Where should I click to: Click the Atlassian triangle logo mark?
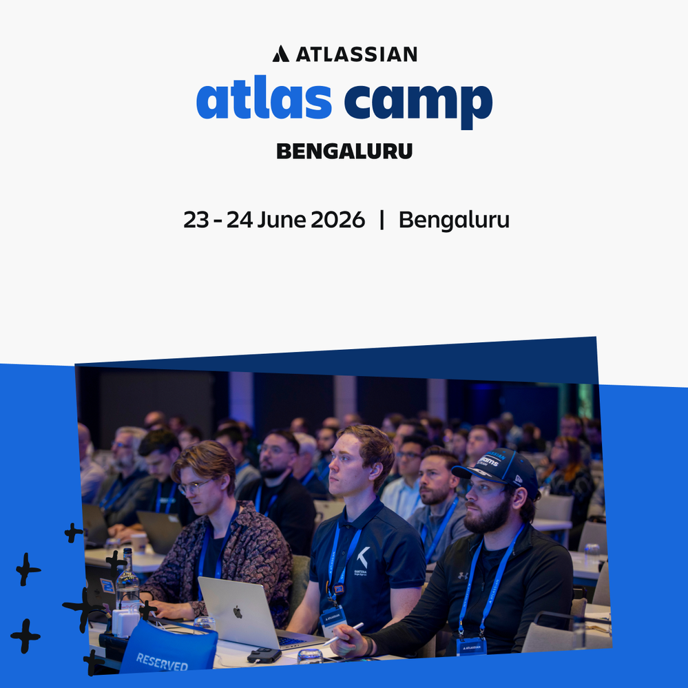280,54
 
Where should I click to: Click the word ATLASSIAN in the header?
356,54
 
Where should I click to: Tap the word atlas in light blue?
264,100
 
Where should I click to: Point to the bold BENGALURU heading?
344,151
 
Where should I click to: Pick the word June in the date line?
282,220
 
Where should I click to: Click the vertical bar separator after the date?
382,220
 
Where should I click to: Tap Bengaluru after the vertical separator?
454,220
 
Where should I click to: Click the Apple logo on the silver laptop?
237,611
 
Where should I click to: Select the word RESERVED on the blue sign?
162,663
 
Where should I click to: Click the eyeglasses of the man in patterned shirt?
193,487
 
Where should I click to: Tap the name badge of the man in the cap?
471,647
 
